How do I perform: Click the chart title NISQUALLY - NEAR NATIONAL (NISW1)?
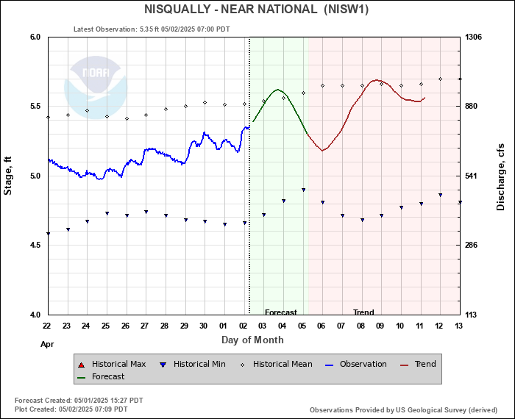tap(257, 10)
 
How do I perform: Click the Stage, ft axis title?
tap(9, 176)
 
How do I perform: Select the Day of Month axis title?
tap(252, 340)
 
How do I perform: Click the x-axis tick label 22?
tap(47, 326)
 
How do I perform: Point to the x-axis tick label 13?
tap(459, 326)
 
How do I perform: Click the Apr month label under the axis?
tap(47, 343)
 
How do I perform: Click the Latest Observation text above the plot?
tap(152, 29)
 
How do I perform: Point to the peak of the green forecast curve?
tap(277, 90)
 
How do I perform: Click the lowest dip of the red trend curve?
tap(322, 150)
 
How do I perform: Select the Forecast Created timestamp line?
tap(79, 400)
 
